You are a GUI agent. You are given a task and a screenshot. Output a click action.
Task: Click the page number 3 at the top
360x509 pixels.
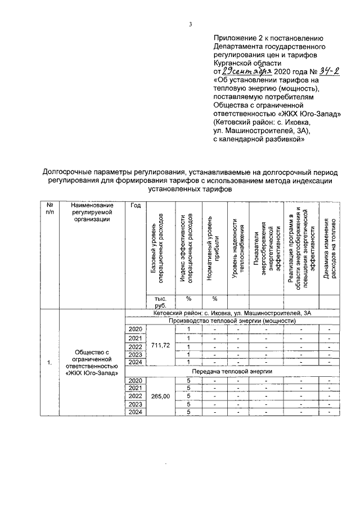coord(191,24)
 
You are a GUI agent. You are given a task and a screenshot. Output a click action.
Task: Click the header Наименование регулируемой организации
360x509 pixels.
coord(93,213)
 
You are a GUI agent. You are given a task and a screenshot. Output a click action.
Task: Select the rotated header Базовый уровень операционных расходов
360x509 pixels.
coord(156,250)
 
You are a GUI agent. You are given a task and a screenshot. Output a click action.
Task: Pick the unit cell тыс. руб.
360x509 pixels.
coord(153,302)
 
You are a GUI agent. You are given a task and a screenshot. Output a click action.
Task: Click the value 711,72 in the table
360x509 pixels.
coord(160,345)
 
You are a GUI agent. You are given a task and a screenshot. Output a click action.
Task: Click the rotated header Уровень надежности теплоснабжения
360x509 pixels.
coord(238,250)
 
